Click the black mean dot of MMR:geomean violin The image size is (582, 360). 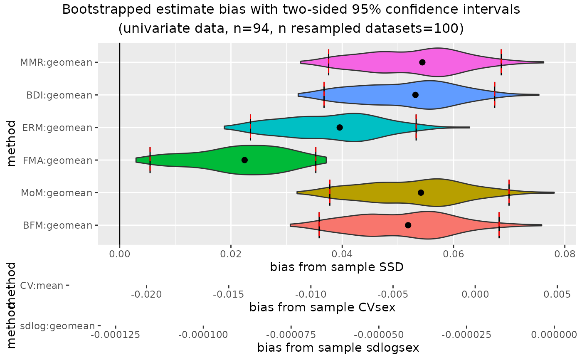[422, 62]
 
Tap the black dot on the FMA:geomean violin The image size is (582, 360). [244, 160]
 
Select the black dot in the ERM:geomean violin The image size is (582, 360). [340, 127]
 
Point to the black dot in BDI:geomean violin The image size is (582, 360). [415, 95]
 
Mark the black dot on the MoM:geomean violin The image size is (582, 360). [421, 192]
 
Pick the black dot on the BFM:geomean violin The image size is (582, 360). [408, 225]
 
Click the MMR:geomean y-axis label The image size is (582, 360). [56, 62]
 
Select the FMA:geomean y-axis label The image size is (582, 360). [57, 160]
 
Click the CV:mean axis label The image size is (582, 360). [42, 285]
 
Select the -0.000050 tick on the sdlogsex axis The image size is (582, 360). [378, 334]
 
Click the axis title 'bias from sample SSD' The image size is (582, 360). [337, 267]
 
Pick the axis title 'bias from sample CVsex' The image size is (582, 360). [322, 308]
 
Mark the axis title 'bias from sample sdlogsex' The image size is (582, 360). [338, 348]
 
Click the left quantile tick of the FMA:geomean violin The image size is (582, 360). [150, 160]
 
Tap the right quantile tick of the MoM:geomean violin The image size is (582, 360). [509, 192]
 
